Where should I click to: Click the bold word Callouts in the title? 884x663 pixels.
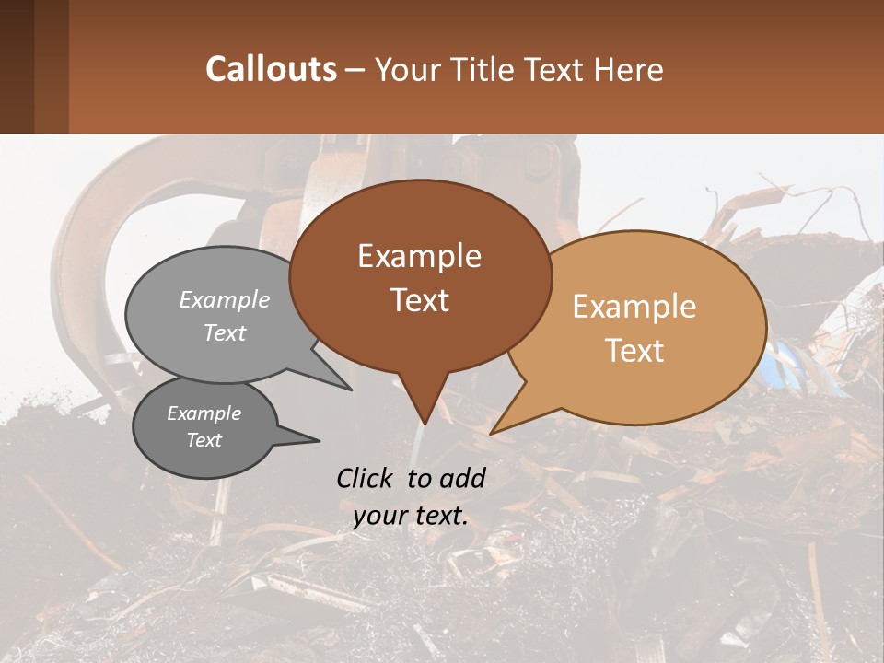pyautogui.click(x=271, y=69)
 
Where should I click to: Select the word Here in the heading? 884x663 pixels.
pyautogui.click(x=628, y=70)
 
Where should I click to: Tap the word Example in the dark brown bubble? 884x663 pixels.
pyautogui.click(x=419, y=256)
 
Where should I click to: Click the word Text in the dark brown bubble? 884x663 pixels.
pyautogui.click(x=419, y=300)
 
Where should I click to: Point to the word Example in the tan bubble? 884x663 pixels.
pyautogui.click(x=634, y=307)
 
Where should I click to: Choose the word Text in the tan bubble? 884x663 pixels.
pyautogui.click(x=635, y=351)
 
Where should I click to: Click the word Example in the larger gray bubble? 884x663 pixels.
pyautogui.click(x=225, y=300)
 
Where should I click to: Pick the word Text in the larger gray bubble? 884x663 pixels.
pyautogui.click(x=225, y=332)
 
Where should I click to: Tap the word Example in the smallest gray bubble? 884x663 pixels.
pyautogui.click(x=204, y=413)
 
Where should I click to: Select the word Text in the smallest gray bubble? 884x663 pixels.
pyautogui.click(x=204, y=440)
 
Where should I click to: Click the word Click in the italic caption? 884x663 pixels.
pyautogui.click(x=366, y=478)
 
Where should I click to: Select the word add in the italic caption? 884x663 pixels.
pyautogui.click(x=463, y=478)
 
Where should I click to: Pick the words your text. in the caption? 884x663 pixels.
pyautogui.click(x=411, y=516)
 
